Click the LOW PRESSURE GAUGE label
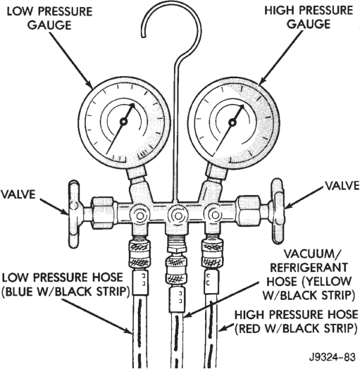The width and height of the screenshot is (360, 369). point(50,18)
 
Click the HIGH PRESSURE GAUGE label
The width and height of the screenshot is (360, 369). point(309,17)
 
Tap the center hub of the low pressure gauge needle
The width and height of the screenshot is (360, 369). point(123,122)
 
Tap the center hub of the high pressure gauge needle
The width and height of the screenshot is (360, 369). point(232,123)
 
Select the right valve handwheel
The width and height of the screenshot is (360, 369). point(278,211)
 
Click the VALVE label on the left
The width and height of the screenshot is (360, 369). point(18,194)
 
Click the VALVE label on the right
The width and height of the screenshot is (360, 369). point(342,185)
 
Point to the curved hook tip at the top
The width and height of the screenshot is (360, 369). point(143,36)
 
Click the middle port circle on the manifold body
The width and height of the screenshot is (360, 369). point(177,215)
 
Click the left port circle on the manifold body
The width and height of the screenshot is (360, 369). point(140,215)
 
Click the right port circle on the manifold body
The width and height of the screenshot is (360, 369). point(214,215)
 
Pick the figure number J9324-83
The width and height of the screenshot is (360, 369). point(333,357)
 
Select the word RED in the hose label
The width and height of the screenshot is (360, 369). point(250,329)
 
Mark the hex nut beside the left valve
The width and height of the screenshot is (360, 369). point(104,213)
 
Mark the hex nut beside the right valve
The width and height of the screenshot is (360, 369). point(250,211)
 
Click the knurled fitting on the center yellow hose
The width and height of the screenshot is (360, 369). point(177,270)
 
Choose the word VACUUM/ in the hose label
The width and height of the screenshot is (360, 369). point(311,254)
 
